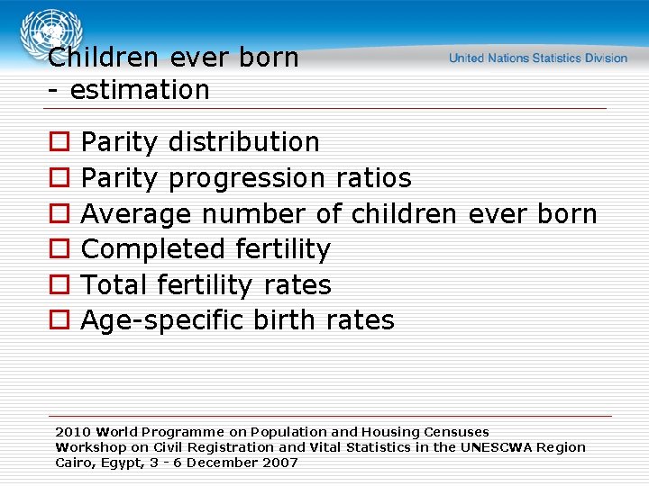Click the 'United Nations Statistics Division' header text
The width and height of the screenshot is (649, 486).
(538, 58)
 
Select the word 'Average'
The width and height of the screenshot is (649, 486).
(136, 214)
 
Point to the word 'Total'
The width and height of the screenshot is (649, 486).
(114, 285)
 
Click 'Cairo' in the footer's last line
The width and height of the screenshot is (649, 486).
(74, 463)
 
